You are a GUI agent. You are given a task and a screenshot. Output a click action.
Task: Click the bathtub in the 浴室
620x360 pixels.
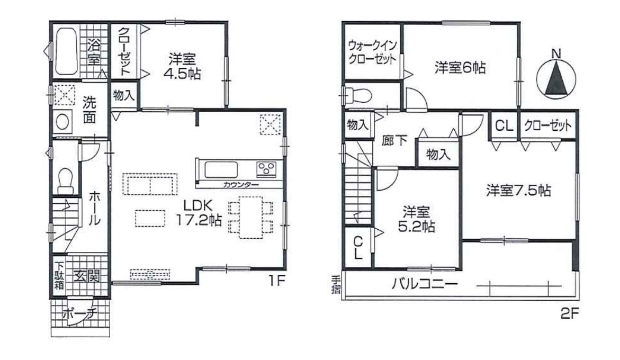66,51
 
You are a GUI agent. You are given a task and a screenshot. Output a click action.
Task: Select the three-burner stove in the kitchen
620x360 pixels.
266,169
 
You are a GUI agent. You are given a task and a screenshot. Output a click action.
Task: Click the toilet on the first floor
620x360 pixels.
65,180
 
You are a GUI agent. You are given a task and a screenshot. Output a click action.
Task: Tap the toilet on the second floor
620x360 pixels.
358,95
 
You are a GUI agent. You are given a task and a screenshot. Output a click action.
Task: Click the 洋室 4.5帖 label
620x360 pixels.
182,66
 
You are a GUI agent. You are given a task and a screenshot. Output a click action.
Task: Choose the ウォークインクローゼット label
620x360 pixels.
372,52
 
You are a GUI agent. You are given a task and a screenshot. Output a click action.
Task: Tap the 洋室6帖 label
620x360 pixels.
460,68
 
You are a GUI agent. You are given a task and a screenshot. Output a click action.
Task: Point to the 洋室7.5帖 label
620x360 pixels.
518,191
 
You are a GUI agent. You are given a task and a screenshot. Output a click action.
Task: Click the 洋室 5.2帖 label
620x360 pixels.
416,219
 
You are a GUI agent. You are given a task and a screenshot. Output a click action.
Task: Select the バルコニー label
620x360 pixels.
425,284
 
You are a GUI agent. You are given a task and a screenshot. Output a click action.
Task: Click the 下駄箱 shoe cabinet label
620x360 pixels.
59,275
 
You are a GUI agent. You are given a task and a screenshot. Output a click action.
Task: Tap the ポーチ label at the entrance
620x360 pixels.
80,314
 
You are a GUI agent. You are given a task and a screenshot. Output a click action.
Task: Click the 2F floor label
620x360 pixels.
570,314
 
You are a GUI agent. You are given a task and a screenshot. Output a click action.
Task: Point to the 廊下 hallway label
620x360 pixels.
394,141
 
